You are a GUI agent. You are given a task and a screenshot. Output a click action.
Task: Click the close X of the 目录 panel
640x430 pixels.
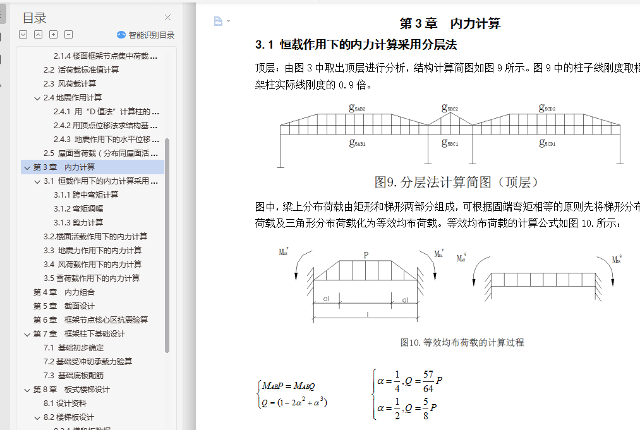click(167, 18)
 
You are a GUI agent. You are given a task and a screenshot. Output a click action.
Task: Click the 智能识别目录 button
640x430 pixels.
click(146, 35)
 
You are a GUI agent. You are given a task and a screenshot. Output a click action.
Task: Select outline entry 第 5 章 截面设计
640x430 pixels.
click(64, 306)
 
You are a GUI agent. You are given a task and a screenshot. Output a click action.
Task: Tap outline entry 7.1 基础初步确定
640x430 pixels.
click(73, 347)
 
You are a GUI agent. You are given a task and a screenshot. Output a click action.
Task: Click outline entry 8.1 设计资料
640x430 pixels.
click(65, 403)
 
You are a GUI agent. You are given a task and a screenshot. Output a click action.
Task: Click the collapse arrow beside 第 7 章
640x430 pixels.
click(27, 334)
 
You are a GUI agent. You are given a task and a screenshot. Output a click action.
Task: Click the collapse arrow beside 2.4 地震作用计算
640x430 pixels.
click(37, 98)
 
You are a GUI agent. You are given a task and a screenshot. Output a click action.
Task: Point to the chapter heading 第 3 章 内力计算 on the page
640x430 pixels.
click(450, 24)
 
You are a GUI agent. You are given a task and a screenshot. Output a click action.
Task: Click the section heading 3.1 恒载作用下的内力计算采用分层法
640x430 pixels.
click(356, 45)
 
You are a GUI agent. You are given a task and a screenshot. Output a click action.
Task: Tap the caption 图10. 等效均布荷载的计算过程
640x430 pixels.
click(462, 342)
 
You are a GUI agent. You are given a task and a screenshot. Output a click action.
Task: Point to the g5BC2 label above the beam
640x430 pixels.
click(449, 108)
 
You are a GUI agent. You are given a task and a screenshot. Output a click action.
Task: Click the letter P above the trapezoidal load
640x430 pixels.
click(365, 255)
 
